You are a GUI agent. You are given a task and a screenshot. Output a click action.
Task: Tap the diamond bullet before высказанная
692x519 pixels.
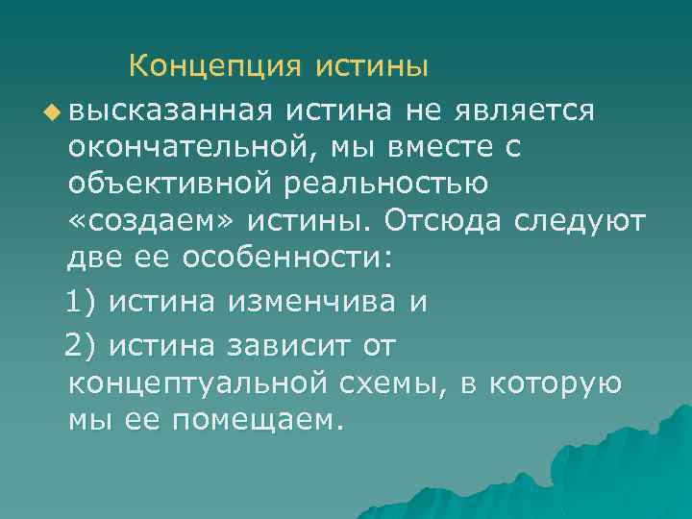51,111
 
